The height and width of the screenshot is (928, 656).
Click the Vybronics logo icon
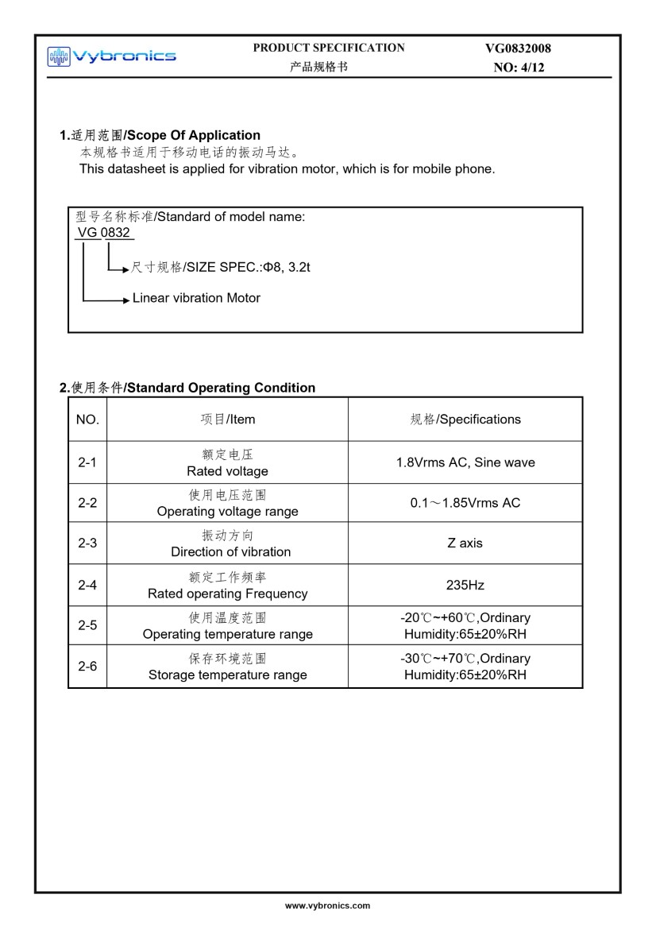point(59,56)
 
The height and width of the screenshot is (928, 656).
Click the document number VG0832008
point(518,48)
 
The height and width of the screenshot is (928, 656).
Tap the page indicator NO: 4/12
point(519,68)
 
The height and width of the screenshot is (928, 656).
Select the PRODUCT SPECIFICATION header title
point(328,48)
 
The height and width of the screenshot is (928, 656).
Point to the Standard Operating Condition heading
point(187,388)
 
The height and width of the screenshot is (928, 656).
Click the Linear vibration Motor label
point(196,298)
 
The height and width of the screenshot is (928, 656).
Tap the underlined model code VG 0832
point(105,233)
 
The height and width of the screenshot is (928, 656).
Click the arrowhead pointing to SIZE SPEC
point(125,270)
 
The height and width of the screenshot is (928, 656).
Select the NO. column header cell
point(87,419)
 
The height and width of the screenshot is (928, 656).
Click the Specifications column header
point(465,419)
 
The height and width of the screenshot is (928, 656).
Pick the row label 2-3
point(87,543)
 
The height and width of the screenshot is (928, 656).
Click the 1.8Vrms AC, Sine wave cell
point(465,462)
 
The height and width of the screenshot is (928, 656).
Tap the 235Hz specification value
point(465,586)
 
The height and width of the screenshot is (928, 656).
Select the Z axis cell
point(465,543)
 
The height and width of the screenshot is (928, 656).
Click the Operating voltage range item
point(227,512)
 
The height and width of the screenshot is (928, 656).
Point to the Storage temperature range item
point(227,675)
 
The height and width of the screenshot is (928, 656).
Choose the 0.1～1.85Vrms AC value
point(465,503)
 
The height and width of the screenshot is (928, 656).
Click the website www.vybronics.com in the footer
point(328,905)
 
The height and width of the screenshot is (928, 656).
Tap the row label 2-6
point(87,667)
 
